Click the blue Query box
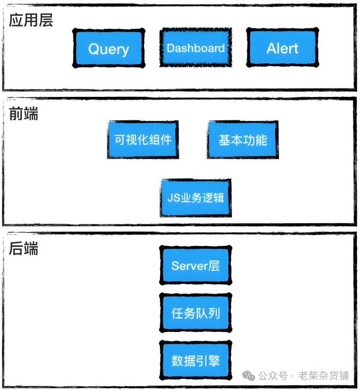click(x=108, y=48)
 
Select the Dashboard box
click(x=196, y=48)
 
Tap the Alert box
click(x=282, y=48)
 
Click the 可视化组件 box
click(x=143, y=140)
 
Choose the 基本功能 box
click(x=243, y=140)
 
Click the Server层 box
click(x=196, y=266)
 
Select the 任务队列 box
click(x=196, y=313)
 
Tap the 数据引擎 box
click(x=196, y=360)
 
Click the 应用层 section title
click(x=31, y=20)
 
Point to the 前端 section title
click(x=23, y=114)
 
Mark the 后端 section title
click(x=23, y=249)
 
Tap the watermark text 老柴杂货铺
click(x=324, y=376)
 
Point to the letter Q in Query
click(x=94, y=49)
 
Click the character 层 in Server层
click(x=214, y=266)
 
